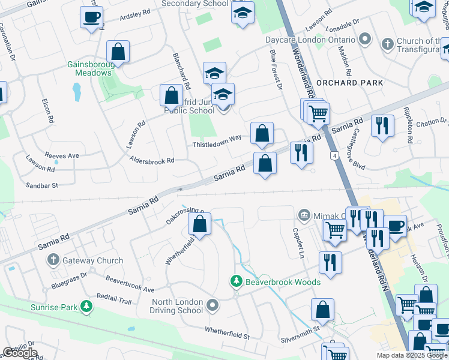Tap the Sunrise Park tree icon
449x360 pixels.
(x=88, y=307)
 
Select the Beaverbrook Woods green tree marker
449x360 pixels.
(x=237, y=281)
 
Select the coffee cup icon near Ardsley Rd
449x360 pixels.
(x=91, y=17)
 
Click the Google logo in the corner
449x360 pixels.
(x=20, y=353)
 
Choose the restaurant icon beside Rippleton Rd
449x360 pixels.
(x=382, y=127)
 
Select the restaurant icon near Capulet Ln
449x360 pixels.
(x=330, y=262)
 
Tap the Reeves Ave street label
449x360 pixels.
(x=65, y=155)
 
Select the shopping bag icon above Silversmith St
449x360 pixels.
(x=322, y=310)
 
